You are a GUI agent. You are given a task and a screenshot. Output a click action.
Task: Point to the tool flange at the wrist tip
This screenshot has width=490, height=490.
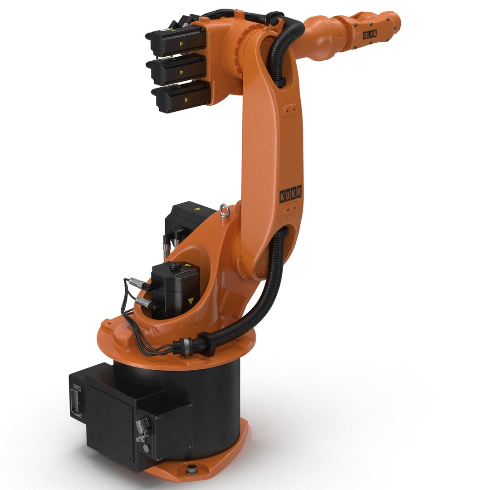[x=396, y=21]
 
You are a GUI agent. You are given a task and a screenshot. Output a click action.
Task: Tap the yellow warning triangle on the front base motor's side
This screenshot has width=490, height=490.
[x=191, y=300]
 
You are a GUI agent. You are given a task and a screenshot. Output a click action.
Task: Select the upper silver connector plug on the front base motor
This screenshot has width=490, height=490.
[x=138, y=284]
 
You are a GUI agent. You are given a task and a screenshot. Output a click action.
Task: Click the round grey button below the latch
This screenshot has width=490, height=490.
[x=145, y=448]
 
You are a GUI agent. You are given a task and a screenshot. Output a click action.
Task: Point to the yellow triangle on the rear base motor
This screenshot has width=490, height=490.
[x=196, y=209]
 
